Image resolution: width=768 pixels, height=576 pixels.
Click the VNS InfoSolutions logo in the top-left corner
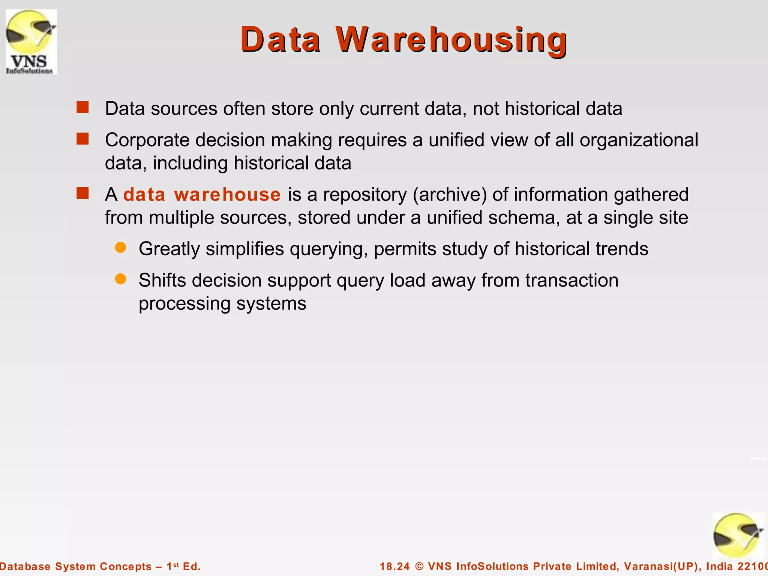[31, 42]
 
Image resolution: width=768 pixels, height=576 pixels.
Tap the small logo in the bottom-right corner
[738, 535]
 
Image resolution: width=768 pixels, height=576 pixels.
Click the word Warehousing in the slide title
[451, 40]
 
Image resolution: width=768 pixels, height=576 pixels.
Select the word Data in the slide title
[280, 40]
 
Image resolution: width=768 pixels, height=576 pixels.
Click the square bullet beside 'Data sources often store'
[82, 108]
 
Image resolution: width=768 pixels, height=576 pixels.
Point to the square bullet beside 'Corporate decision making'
[82, 139]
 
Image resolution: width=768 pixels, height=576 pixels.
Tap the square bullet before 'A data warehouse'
[82, 193]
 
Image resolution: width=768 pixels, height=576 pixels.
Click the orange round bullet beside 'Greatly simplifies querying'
[120, 248]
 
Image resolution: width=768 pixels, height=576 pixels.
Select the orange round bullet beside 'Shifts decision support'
[120, 279]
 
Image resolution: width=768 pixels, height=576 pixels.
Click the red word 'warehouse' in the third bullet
[227, 195]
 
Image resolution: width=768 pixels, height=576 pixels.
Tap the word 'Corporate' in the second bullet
[147, 140]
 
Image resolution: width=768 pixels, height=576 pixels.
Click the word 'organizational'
[639, 140]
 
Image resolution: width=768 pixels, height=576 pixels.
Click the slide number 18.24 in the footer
[395, 566]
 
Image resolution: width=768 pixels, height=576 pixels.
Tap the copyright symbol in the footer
[419, 566]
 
